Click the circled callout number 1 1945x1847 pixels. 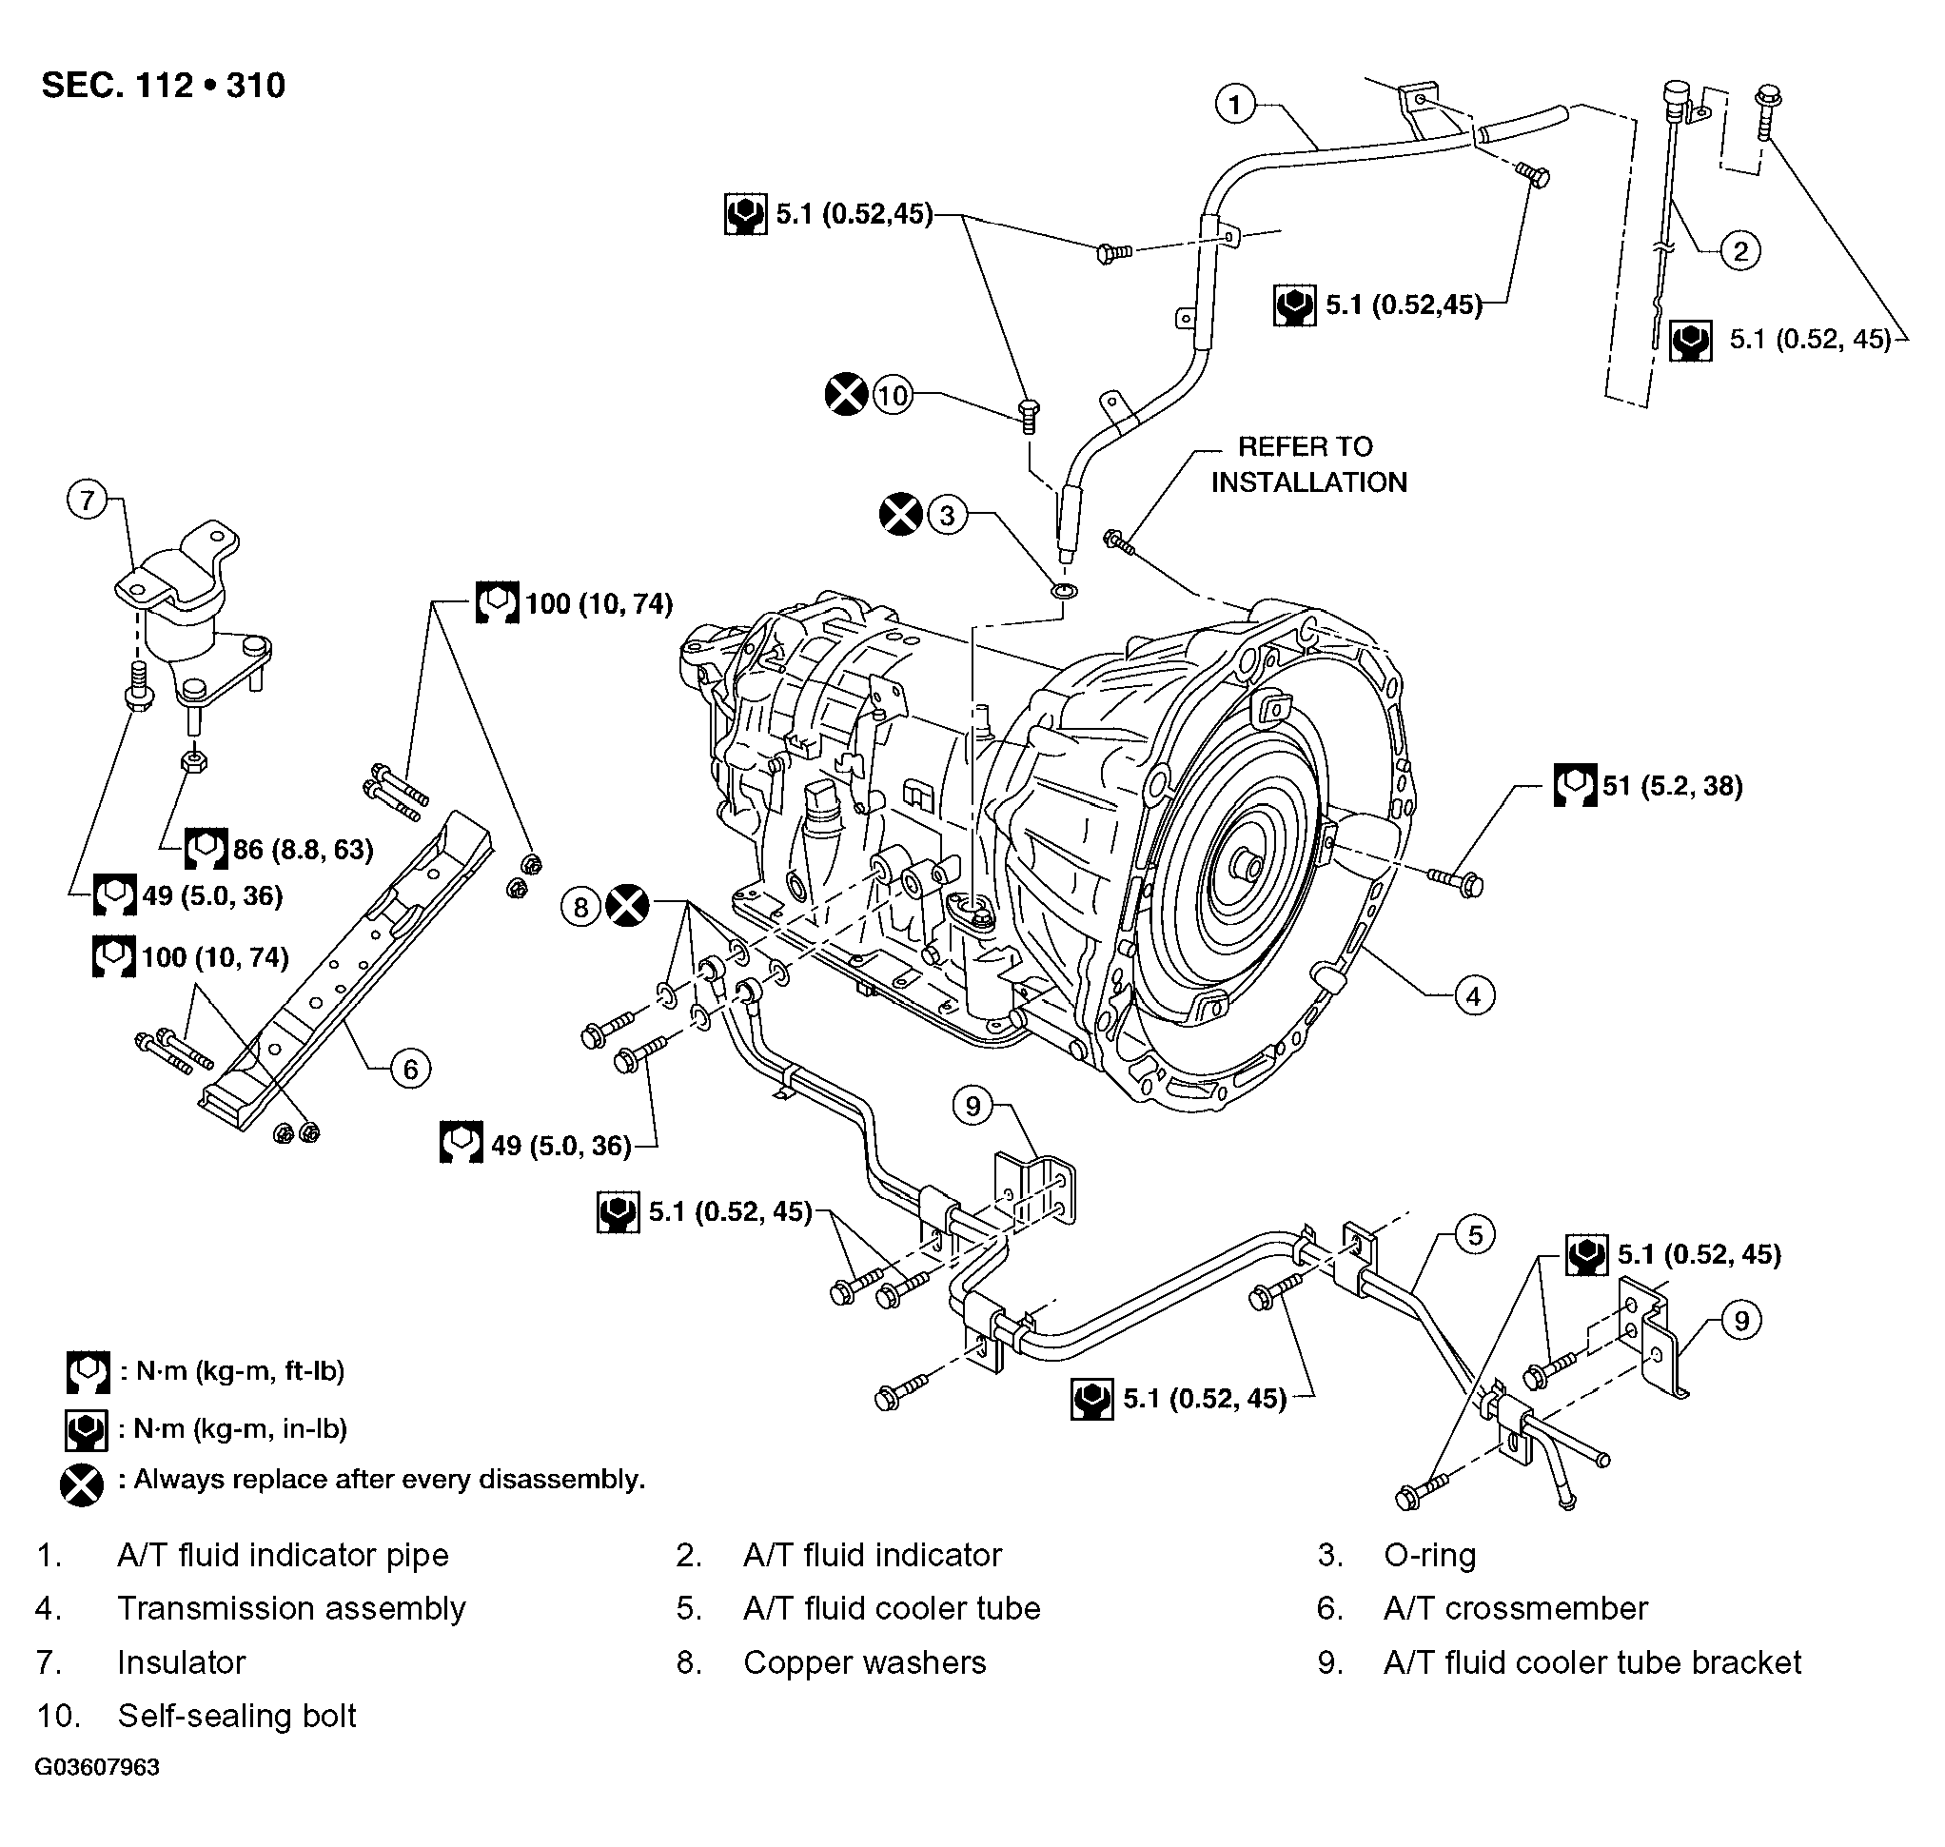(x=1235, y=104)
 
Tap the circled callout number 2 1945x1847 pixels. (x=1739, y=251)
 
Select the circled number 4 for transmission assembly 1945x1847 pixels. (x=1474, y=995)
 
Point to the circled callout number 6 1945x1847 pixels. (x=410, y=1069)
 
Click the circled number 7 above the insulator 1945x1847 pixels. (x=88, y=501)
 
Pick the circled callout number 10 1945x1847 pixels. (x=892, y=396)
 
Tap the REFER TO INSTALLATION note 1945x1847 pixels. (x=1308, y=464)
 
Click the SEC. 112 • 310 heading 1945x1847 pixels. (x=164, y=86)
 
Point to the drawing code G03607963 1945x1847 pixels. (x=97, y=1795)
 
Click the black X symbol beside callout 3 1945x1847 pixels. (x=900, y=514)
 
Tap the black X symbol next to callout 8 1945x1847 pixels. (x=627, y=906)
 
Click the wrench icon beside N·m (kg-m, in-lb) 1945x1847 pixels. (x=87, y=1428)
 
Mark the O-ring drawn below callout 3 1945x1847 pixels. (x=1064, y=591)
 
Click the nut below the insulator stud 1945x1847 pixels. (x=194, y=761)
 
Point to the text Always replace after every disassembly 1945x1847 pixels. (x=390, y=1479)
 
